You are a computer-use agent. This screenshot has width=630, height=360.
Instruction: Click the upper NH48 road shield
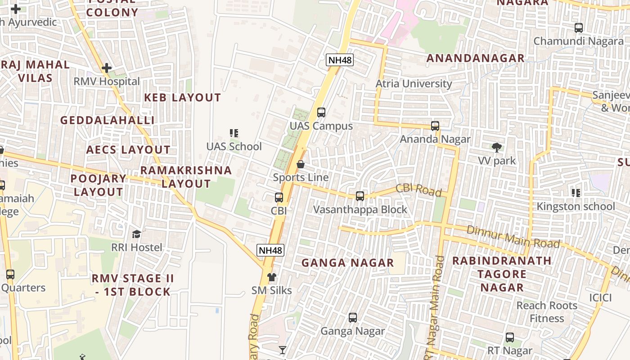[340, 59]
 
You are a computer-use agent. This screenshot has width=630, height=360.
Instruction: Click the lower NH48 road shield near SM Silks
[271, 250]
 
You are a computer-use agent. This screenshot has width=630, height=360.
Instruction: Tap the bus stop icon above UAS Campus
[321, 112]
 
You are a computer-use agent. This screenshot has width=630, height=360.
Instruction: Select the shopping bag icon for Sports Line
[301, 164]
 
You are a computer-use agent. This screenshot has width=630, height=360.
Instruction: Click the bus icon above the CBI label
[279, 198]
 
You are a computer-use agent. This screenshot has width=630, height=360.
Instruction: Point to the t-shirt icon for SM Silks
[271, 277]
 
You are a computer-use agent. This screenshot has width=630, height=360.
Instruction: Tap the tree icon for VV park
[497, 148]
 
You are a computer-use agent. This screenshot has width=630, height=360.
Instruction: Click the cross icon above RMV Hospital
[107, 68]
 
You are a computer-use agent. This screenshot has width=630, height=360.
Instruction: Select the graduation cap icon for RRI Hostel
[136, 234]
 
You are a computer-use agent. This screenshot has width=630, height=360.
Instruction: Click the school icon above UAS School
[234, 133]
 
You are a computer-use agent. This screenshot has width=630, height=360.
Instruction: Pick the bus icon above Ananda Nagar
[435, 126]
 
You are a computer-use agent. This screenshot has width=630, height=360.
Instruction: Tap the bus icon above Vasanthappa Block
[360, 196]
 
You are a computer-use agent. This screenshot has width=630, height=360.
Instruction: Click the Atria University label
[414, 84]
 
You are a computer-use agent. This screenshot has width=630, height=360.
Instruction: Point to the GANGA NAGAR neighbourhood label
[347, 263]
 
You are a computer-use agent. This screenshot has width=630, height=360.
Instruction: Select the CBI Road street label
[418, 190]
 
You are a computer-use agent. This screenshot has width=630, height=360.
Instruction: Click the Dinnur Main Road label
[513, 237]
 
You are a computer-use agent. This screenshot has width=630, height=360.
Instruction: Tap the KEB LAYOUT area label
[182, 98]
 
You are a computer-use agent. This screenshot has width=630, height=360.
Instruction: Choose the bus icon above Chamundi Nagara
[579, 28]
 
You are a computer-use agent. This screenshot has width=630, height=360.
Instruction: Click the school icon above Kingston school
[576, 193]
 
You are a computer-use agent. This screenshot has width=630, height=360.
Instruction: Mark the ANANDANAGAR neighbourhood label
[475, 58]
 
